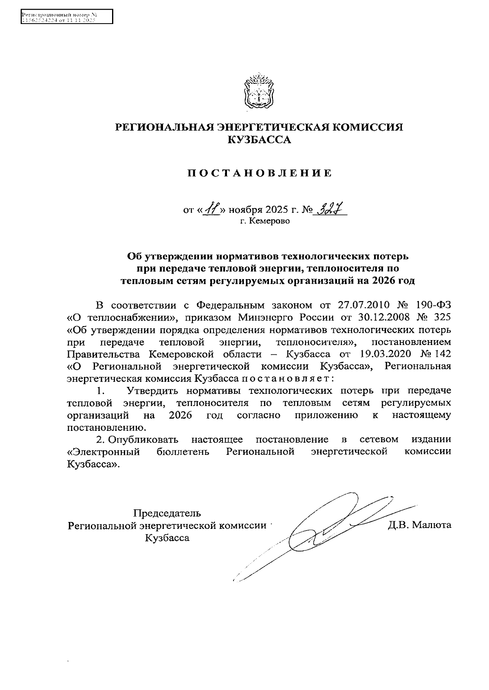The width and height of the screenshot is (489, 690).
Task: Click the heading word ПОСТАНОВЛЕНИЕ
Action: click(260, 174)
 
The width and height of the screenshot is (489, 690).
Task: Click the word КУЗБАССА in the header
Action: click(260, 140)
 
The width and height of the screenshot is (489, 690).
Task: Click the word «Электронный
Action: click(104, 452)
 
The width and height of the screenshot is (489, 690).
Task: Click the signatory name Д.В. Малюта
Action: click(420, 525)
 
